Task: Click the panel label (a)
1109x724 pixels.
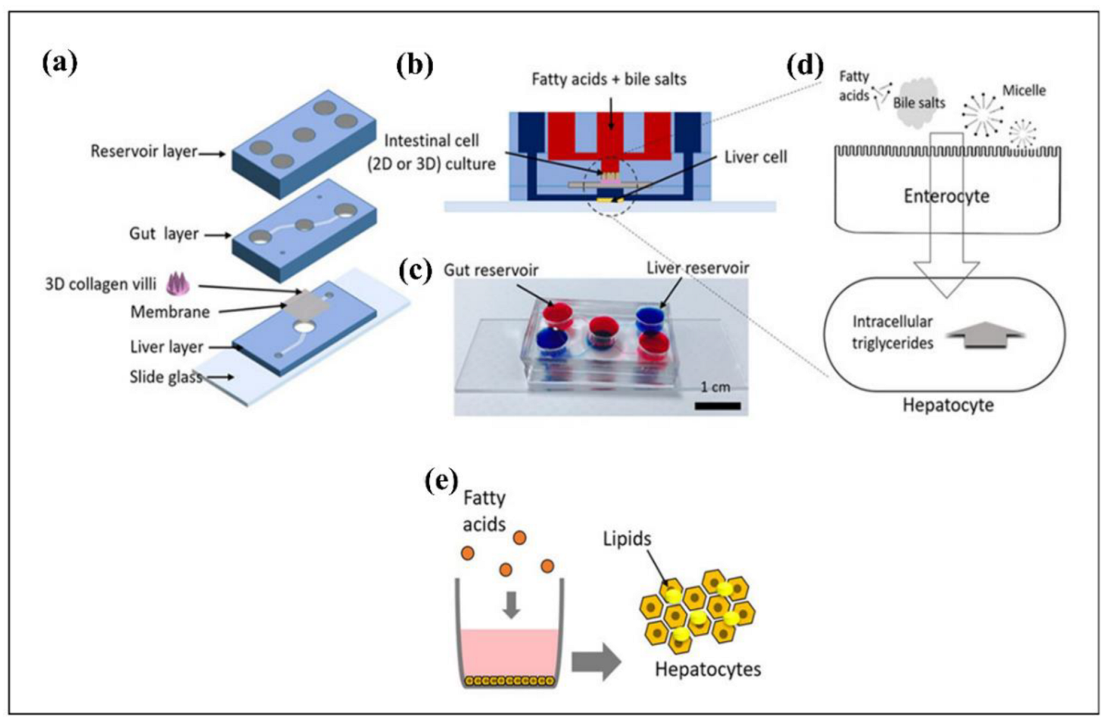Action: click(x=60, y=63)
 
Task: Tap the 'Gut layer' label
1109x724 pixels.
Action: click(x=164, y=234)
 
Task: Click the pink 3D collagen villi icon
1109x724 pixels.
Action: click(x=176, y=283)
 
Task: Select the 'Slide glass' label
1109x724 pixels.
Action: click(x=165, y=376)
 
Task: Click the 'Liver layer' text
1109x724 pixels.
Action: click(x=167, y=347)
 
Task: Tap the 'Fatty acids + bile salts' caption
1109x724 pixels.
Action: click(x=609, y=80)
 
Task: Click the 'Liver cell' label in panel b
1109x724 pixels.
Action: click(x=755, y=158)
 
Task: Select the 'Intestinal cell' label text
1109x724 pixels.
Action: click(x=431, y=141)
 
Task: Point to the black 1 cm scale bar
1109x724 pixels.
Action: click(x=717, y=406)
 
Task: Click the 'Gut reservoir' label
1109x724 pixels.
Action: click(x=491, y=270)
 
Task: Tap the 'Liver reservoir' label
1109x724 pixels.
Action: click(x=697, y=268)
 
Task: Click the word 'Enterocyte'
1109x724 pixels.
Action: click(x=946, y=196)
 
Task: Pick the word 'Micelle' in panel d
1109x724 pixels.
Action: click(x=1023, y=91)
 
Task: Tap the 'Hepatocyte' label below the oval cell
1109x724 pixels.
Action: click(x=948, y=405)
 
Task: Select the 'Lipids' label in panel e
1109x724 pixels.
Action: click(x=627, y=539)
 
